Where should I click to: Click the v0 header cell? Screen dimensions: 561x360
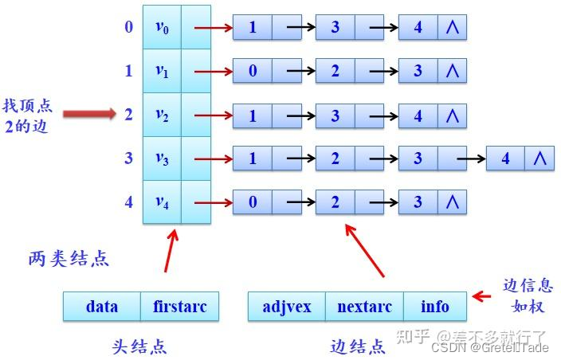(x=162, y=27)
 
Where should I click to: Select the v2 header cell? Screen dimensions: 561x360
(x=162, y=115)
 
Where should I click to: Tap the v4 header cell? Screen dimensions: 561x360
(x=162, y=202)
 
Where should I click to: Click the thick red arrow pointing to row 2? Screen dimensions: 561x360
(x=89, y=115)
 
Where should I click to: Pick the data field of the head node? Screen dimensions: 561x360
(x=102, y=307)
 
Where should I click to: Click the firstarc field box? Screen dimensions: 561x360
(x=179, y=307)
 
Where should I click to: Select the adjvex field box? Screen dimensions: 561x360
(x=286, y=307)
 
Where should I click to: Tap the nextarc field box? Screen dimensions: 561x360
(x=363, y=307)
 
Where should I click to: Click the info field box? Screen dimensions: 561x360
(x=435, y=307)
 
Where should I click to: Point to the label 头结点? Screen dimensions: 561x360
(x=139, y=346)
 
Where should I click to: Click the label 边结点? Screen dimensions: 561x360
(x=358, y=346)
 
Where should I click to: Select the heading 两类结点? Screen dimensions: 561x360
(x=69, y=259)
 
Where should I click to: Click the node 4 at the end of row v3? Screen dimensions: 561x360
(x=505, y=158)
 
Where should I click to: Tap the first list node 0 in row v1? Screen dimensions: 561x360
(x=253, y=71)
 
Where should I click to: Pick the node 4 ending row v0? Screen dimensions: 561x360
(x=418, y=27)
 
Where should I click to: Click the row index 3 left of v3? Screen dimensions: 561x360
(x=128, y=158)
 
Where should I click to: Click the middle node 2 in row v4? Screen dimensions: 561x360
(x=335, y=202)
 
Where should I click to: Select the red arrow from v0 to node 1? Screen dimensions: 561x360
(x=212, y=28)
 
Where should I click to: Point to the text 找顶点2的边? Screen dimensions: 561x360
(x=25, y=115)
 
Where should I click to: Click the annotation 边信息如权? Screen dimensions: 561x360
(x=528, y=295)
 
